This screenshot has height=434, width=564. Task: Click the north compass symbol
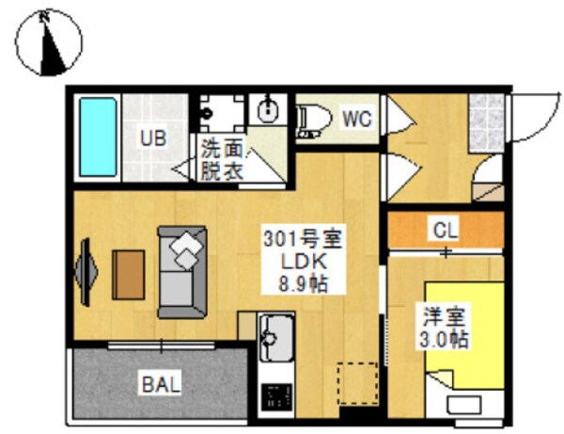pos(49,40)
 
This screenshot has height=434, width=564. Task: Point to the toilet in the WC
pos(313,120)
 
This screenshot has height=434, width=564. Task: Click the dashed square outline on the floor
pos(354,382)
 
